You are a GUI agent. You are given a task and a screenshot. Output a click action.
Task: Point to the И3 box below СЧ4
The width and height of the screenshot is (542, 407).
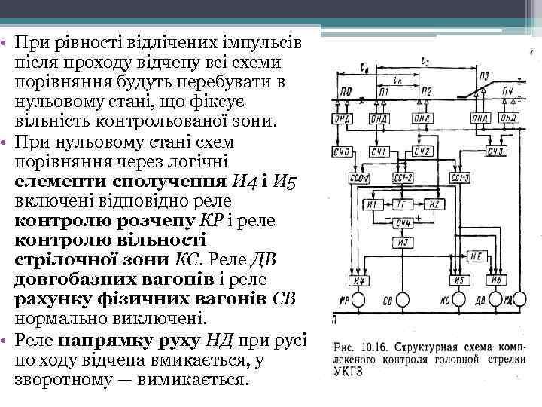pyautogui.click(x=403, y=243)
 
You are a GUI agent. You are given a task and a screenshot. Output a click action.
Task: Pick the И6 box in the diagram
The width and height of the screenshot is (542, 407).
pyautogui.click(x=495, y=281)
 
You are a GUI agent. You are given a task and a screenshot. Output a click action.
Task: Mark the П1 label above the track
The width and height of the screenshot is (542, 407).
pyautogui.click(x=384, y=91)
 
